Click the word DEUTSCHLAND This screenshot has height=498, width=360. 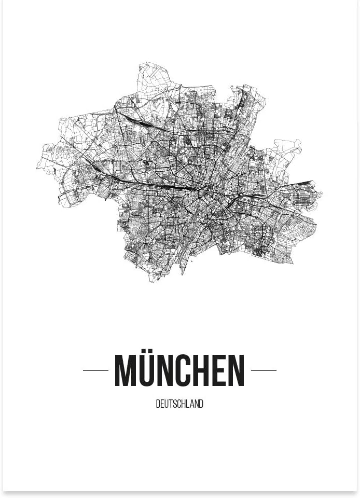click(179, 404)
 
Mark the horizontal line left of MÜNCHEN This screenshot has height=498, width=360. click(95, 370)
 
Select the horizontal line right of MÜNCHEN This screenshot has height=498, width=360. click(264, 370)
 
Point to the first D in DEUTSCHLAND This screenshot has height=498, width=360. click(158, 404)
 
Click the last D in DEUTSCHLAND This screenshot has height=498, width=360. click(201, 404)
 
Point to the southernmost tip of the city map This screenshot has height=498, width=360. click(151, 282)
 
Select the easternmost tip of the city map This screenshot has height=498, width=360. click(322, 195)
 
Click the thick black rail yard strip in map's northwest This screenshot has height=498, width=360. click(136, 122)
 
